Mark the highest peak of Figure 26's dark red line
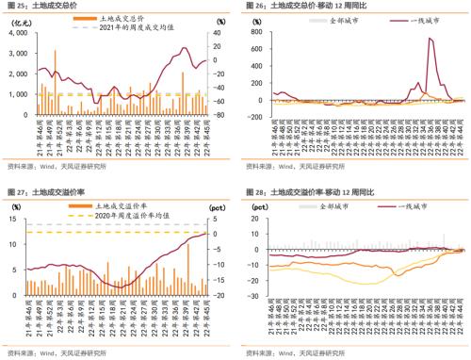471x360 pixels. point(430,39)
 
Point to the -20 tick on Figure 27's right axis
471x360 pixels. point(219,295)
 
